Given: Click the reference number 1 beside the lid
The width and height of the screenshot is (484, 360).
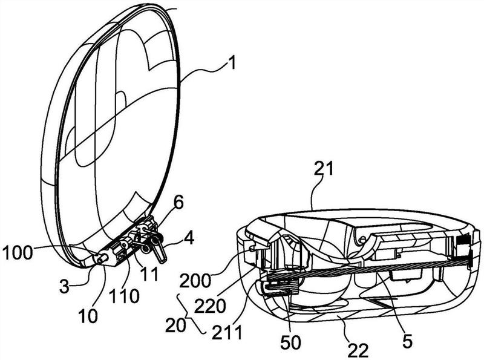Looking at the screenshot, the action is pyautogui.click(x=232, y=63).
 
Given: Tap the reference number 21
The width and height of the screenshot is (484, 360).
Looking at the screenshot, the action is pyautogui.click(x=324, y=169).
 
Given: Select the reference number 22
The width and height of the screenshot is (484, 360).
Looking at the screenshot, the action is pyautogui.click(x=358, y=350).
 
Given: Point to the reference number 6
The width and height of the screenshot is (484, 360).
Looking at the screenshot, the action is pyautogui.click(x=178, y=203).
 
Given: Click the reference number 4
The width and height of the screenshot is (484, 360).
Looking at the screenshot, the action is pyautogui.click(x=189, y=238).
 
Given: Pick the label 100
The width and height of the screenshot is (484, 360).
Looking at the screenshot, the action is pyautogui.click(x=17, y=253).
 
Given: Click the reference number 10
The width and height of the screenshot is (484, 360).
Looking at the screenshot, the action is pyautogui.click(x=88, y=316).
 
